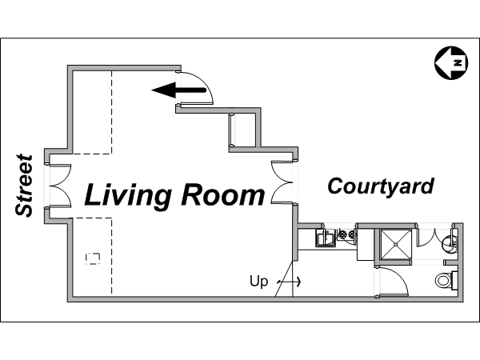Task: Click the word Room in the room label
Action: (223, 194)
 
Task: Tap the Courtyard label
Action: (381, 186)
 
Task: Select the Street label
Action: (24, 186)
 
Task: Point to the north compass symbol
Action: (451, 62)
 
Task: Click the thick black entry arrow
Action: (179, 90)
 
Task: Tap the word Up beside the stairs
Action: (258, 281)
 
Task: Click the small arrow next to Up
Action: (289, 282)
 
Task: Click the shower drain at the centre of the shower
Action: (396, 244)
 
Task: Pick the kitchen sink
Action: (324, 238)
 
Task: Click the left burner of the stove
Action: (342, 235)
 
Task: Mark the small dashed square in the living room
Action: (93, 259)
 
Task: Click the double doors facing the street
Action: (60, 186)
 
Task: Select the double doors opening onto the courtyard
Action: (282, 182)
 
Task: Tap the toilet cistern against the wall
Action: (454, 280)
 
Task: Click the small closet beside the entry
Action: (242, 130)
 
